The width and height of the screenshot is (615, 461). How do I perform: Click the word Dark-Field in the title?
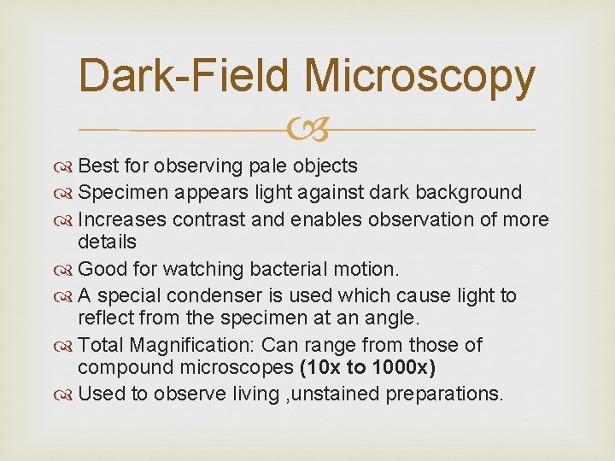[x=186, y=76]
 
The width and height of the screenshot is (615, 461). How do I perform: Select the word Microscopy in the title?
[x=419, y=76]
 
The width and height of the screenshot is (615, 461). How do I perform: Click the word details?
[x=107, y=242]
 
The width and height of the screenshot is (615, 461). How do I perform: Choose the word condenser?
[x=210, y=296]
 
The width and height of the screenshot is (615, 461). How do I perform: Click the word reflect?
[x=104, y=318]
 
